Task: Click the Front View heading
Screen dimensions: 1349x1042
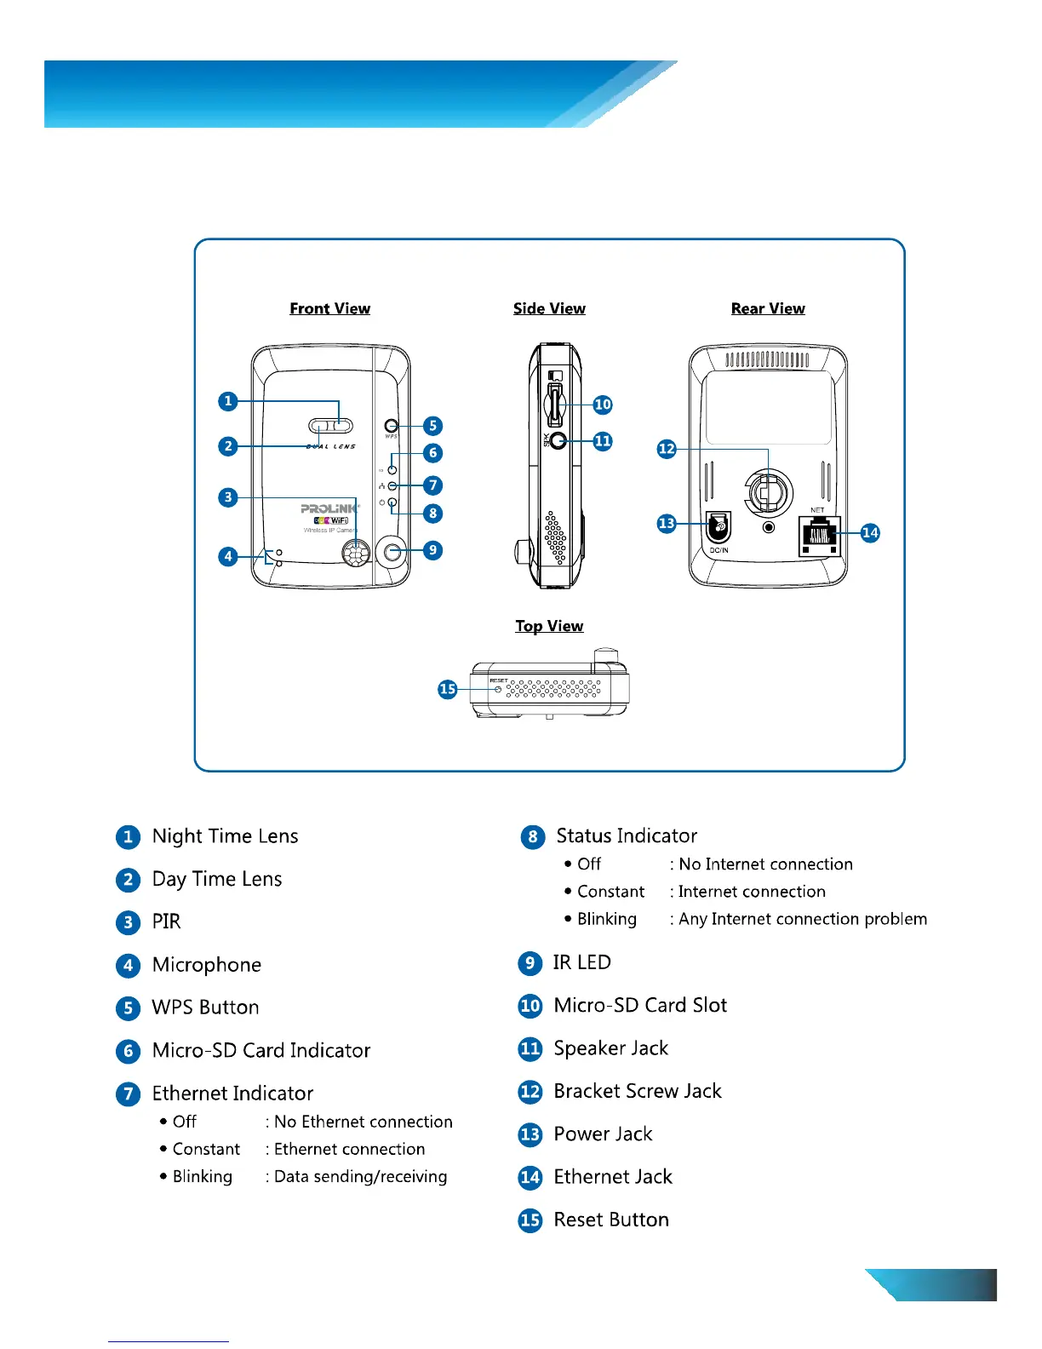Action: pos(329,308)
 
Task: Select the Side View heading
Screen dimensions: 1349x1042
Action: pos(549,308)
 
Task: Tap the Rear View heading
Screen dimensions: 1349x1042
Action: pos(768,308)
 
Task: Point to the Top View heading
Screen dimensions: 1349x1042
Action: pos(549,626)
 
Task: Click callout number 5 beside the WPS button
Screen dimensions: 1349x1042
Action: pos(432,426)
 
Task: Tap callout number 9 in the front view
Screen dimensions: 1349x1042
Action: pos(432,550)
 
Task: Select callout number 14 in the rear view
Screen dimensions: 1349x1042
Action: pos(870,533)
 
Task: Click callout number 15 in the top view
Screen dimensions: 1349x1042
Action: pos(448,689)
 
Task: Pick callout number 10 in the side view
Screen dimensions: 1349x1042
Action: pos(603,405)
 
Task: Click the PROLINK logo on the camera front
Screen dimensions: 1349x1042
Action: pos(329,508)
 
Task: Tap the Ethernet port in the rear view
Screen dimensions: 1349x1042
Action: pos(819,536)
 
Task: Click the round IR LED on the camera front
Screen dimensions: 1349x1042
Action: pos(392,552)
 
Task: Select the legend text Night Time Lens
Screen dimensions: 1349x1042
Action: pos(225,836)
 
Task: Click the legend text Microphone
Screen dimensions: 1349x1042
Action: pos(206,965)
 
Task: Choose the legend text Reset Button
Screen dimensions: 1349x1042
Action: pos(610,1220)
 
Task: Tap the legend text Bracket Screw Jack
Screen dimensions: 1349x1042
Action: pos(637,1091)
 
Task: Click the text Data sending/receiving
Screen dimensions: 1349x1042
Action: pos(360,1176)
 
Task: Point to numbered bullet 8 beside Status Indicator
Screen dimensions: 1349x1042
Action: pos(533,836)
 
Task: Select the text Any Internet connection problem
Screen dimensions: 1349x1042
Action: pos(803,919)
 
